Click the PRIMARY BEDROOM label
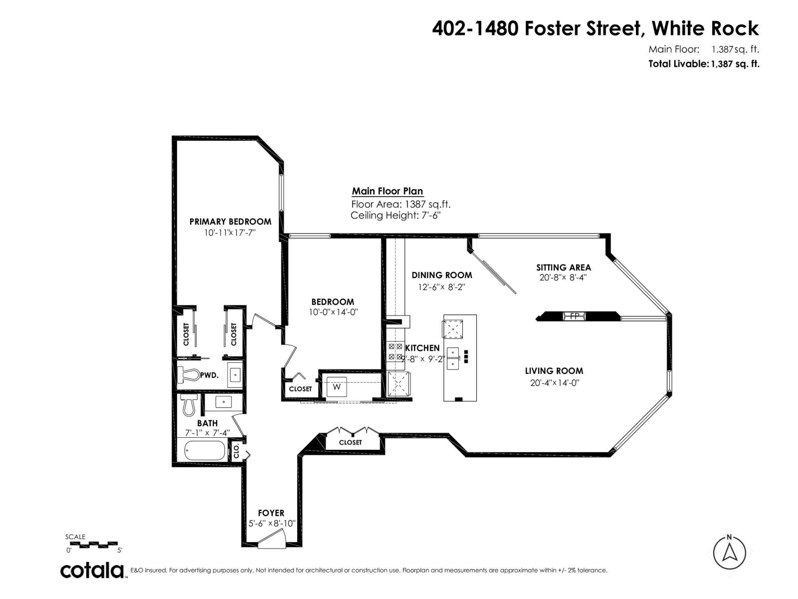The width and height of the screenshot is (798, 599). pos(230,222)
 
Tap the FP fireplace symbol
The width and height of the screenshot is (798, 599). pos(574,316)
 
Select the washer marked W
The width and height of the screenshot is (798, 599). pos(337,387)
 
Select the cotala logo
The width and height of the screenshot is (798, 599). pos(93,570)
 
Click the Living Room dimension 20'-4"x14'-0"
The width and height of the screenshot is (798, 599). pos(554,383)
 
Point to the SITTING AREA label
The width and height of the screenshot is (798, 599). pos(563,268)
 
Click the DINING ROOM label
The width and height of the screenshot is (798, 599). pos(441,275)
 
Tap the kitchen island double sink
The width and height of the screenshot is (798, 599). pos(453,358)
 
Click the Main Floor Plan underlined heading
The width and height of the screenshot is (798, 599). pos(387,191)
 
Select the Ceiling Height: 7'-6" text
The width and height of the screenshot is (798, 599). pos(396,216)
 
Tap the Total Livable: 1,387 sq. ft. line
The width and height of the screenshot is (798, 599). pos(703,64)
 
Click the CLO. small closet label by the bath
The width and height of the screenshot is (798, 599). pos(236,451)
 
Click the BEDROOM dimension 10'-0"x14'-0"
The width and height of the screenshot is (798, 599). pos(333,312)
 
